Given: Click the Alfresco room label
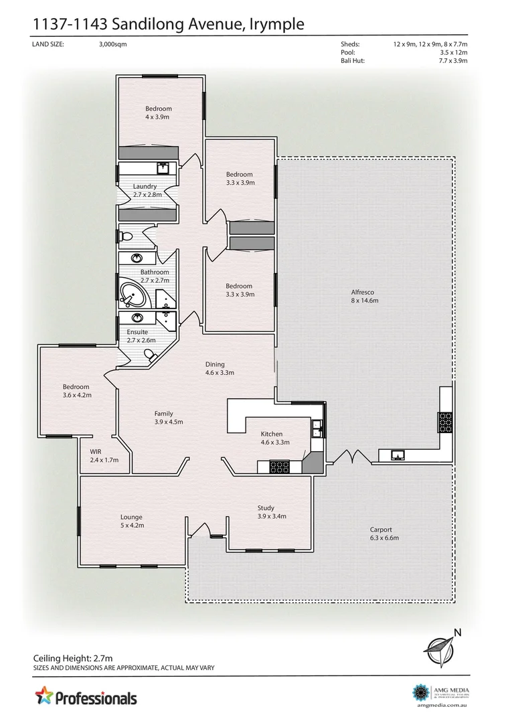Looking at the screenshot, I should tap(365, 292).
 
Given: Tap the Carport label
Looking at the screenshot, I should tap(381, 529).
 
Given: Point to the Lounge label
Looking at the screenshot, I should tap(131, 517).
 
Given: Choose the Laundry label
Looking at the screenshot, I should tap(145, 186).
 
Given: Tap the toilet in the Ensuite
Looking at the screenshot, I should tap(153, 357).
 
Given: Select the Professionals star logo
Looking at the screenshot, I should tap(44, 696).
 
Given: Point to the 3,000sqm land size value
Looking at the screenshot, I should tap(112, 44).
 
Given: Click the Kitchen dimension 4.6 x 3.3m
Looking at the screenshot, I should tap(275, 442).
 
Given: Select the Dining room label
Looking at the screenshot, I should tap(215, 364).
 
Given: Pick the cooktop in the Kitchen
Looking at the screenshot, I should tap(278, 466).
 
